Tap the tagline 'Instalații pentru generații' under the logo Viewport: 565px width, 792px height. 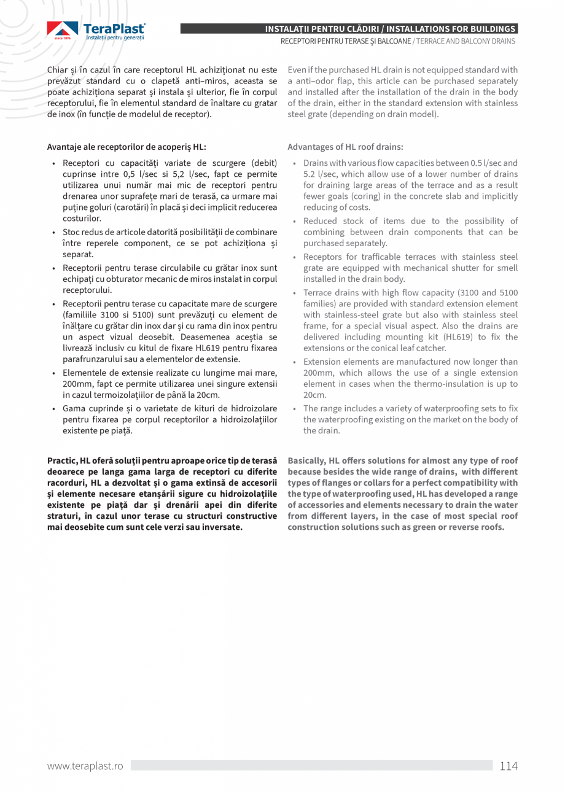point(114,38)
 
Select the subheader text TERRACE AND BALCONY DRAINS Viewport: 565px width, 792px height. point(466,41)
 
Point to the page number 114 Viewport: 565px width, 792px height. point(508,766)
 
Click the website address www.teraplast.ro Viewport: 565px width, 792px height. point(85,766)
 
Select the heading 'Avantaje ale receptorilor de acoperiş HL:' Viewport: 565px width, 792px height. point(127,147)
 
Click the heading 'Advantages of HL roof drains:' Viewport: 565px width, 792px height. point(345,147)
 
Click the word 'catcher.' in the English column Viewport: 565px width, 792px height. point(431,348)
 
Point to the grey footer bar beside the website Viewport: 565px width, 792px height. point(311,766)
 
